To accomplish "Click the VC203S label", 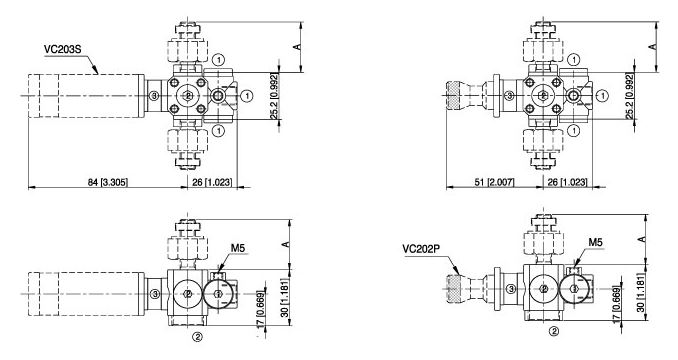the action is click(62, 49).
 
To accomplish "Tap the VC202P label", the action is click(421, 248).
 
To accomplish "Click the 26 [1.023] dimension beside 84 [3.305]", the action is click(212, 182).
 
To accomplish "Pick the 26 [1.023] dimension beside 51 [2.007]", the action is click(567, 182).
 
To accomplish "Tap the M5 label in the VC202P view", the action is click(595, 242).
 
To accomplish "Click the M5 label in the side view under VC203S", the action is click(238, 248).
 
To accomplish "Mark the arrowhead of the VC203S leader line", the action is click(97, 72).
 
